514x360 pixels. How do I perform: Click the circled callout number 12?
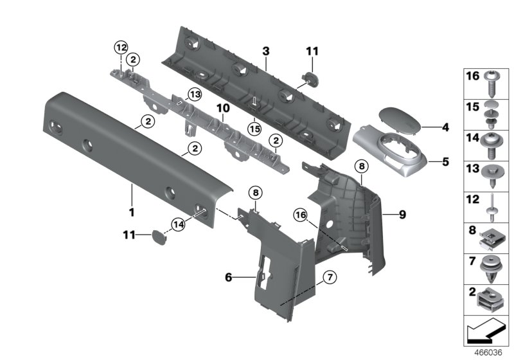click(x=121, y=46)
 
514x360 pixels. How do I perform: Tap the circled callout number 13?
click(x=194, y=95)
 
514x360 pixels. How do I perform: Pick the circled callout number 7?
click(x=328, y=278)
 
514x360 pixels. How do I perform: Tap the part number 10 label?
click(x=222, y=109)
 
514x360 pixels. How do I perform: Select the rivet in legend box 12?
click(x=493, y=203)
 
